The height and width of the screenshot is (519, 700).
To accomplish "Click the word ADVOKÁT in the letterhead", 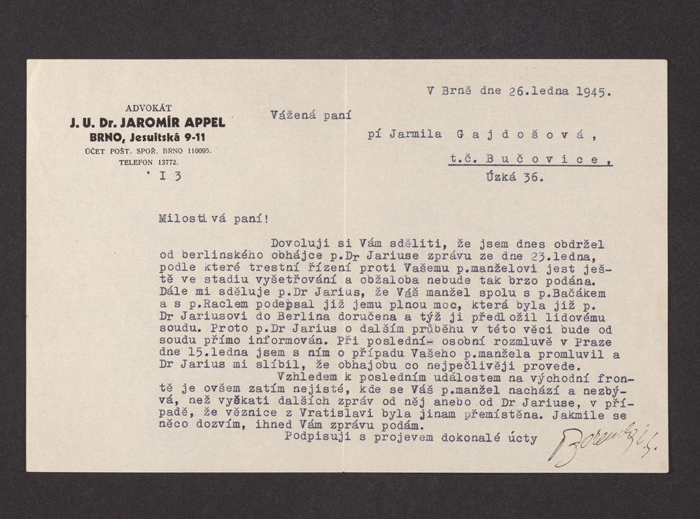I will tap(148, 108).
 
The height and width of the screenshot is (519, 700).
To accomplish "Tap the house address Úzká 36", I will tap(514, 177).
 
